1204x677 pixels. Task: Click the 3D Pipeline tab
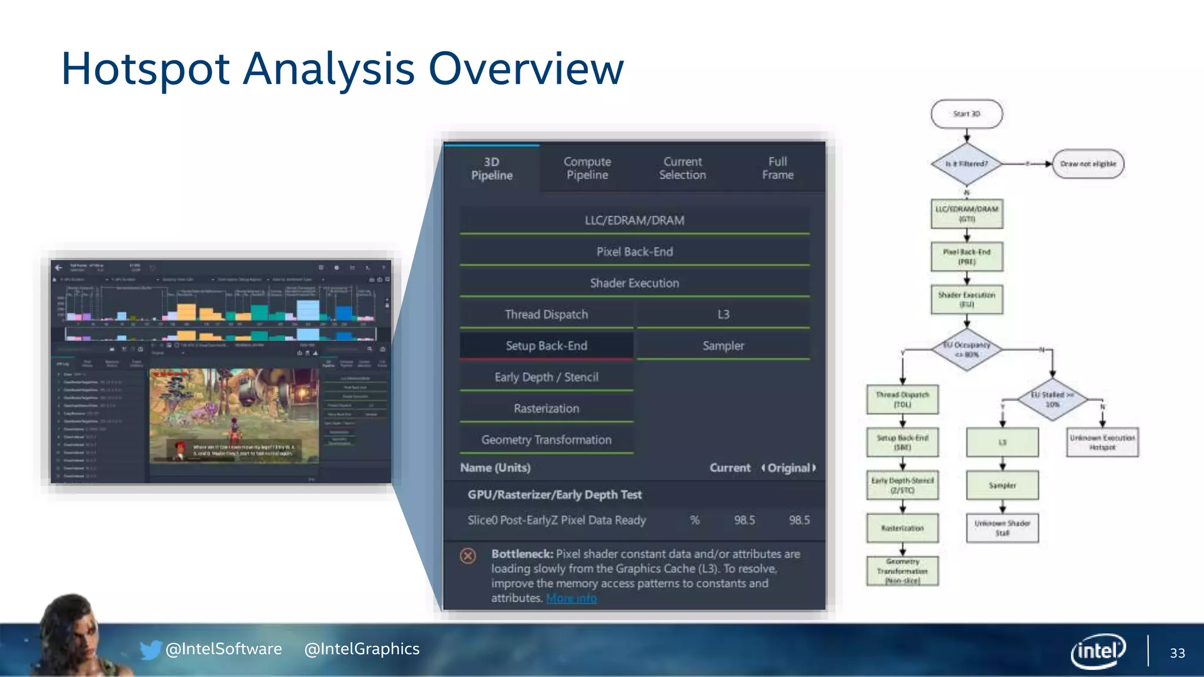click(491, 169)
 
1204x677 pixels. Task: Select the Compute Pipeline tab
click(587, 169)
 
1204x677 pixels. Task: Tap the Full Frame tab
click(777, 169)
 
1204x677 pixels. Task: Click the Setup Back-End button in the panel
click(546, 346)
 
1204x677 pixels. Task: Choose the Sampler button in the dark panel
click(723, 346)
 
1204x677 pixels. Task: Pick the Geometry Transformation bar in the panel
click(546, 440)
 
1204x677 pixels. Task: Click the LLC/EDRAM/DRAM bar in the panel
click(634, 220)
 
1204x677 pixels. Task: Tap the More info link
click(571, 598)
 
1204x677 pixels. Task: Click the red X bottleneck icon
click(468, 555)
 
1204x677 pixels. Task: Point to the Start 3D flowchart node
click(966, 114)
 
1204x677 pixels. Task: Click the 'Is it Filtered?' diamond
click(966, 164)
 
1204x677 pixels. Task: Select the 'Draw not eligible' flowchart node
click(1088, 164)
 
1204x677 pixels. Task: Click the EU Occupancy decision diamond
click(966, 350)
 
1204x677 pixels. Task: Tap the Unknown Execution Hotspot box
click(1102, 443)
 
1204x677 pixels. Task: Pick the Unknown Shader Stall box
click(1002, 528)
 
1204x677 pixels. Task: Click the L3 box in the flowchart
click(1002, 443)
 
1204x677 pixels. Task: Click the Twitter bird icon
click(150, 649)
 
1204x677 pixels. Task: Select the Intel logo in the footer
click(1098, 651)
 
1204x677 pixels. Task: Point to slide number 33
click(1177, 653)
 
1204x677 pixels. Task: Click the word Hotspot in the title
click(145, 69)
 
